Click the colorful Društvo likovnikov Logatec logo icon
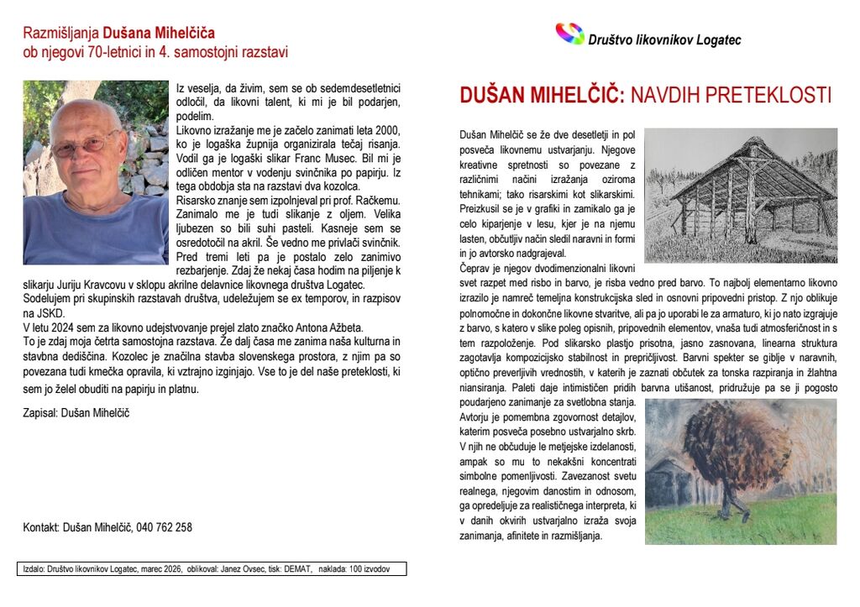point(569,34)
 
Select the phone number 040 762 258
point(165,527)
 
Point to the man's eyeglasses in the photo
point(84,144)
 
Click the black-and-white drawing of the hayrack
point(741,195)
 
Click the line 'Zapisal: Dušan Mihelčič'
point(76,412)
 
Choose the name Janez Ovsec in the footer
point(244,569)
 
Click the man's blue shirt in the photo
point(92,235)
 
